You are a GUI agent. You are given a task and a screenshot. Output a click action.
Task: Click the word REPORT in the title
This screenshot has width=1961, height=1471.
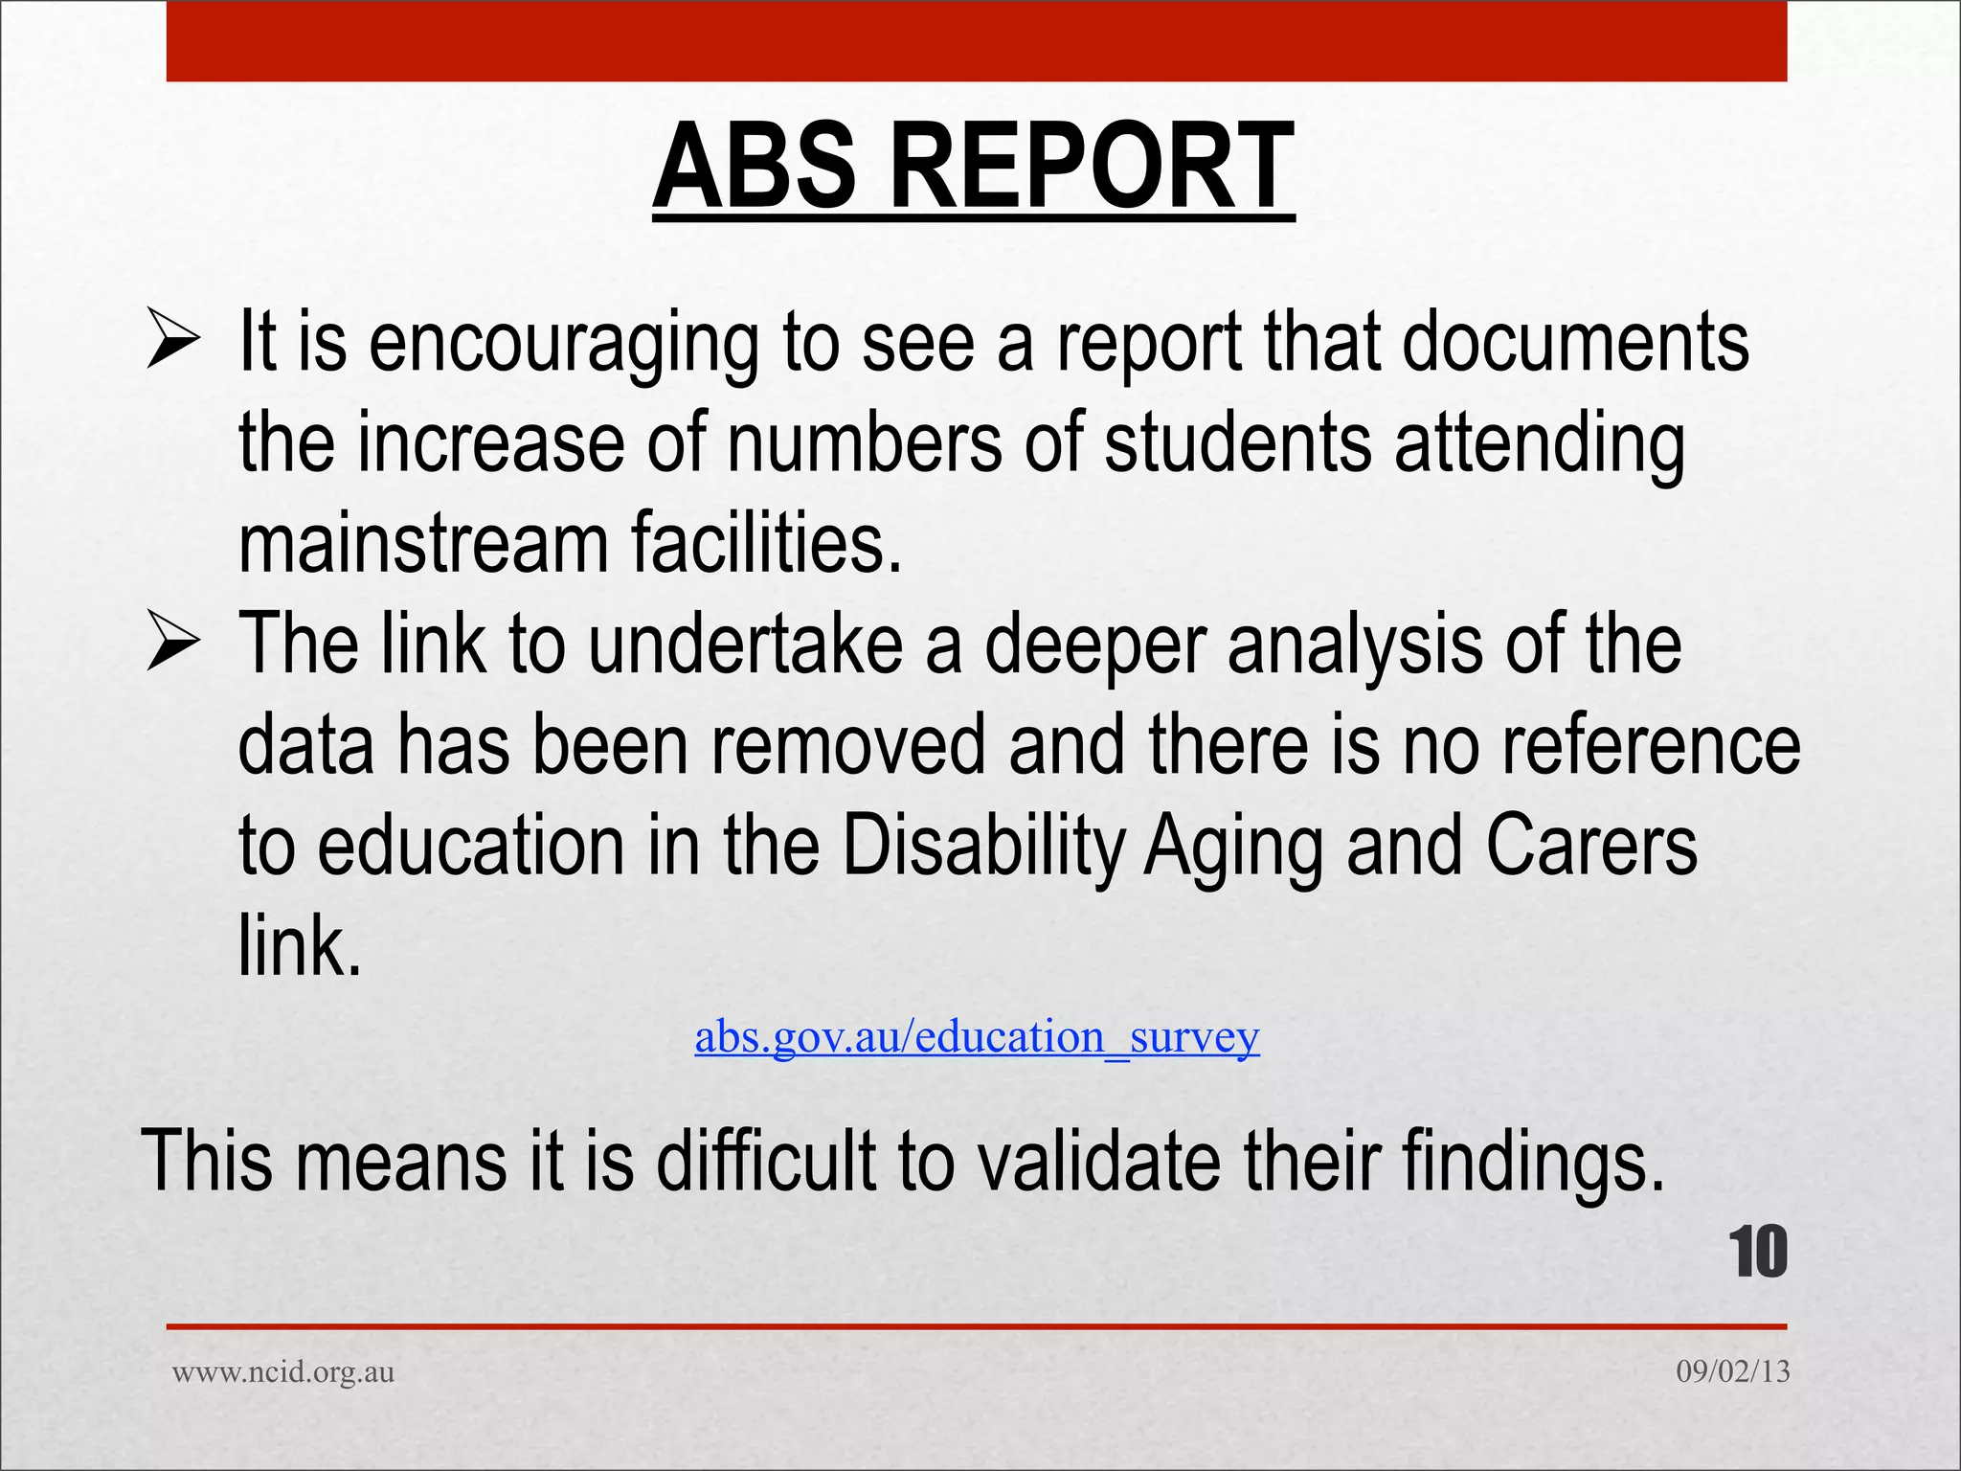point(1093,167)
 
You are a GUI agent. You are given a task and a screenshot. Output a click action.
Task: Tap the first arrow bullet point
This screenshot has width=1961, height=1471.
point(173,341)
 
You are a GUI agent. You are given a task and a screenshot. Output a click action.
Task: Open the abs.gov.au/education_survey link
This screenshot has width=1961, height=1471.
point(977,1037)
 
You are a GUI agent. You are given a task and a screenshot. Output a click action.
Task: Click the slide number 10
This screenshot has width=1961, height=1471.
point(1758,1252)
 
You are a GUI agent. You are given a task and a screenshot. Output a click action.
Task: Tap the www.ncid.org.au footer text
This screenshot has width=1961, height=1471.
point(283,1371)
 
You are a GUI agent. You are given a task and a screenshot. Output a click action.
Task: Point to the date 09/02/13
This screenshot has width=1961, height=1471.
point(1732,1371)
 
